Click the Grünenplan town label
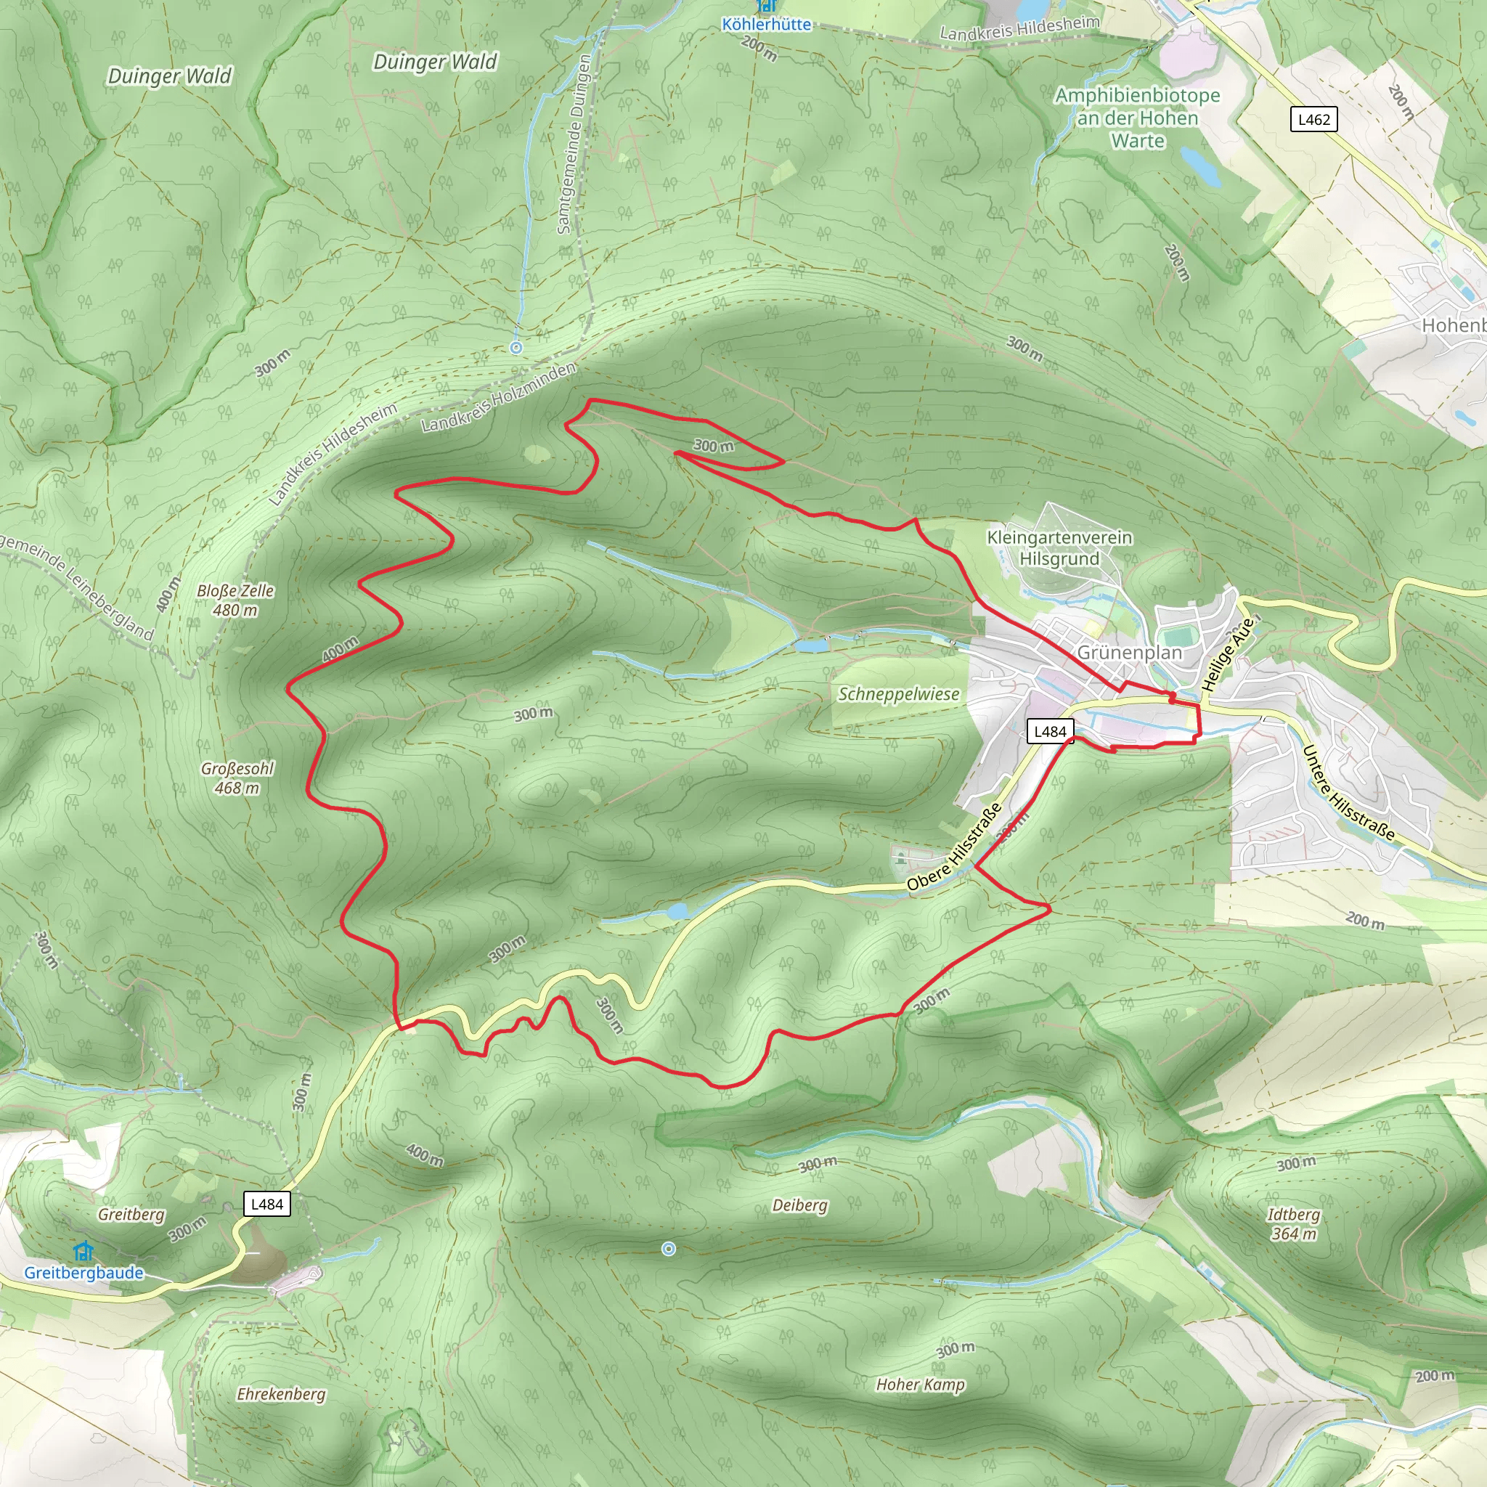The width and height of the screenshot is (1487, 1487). (1129, 653)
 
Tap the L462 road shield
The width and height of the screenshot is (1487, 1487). (1313, 119)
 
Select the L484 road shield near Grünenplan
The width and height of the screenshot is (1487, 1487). (1050, 731)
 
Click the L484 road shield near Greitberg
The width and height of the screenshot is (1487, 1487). (267, 1204)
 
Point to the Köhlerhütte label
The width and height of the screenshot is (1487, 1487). (766, 25)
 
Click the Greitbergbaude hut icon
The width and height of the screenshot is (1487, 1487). (82, 1251)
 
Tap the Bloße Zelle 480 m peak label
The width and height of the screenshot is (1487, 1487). (235, 600)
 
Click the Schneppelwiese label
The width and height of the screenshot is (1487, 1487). (898, 694)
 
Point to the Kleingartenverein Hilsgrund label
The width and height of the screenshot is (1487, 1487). (1059, 548)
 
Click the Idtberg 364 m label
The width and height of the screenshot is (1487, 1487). (1293, 1223)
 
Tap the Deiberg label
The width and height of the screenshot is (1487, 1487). (799, 1205)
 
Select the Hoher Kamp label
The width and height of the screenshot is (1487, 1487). (920, 1385)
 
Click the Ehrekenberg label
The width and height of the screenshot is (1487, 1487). (281, 1394)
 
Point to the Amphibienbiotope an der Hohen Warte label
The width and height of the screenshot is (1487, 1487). (1137, 118)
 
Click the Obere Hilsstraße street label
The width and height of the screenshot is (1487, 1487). (953, 847)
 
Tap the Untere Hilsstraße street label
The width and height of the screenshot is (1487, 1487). (1348, 792)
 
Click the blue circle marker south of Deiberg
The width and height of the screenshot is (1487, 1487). (669, 1249)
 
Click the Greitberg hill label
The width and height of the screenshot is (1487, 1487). (131, 1215)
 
